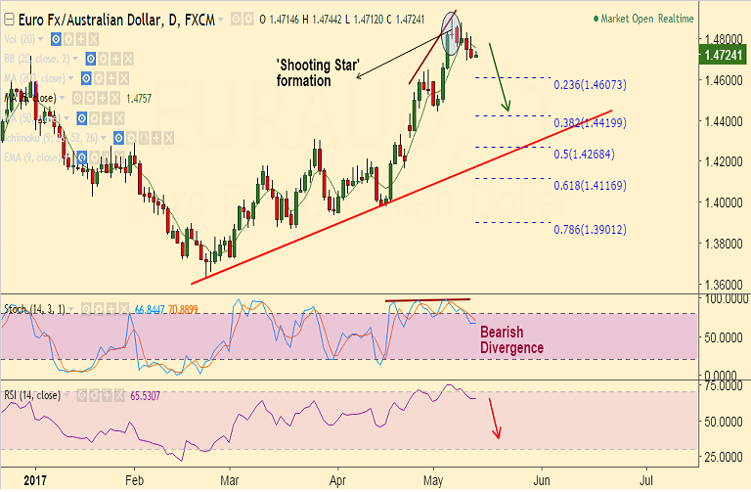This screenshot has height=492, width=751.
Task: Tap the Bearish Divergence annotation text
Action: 511,339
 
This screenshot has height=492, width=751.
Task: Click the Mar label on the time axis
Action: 230,481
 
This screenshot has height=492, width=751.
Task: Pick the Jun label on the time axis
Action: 540,481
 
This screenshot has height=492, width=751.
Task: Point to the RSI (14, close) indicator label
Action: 32,395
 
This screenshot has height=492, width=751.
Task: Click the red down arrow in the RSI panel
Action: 496,420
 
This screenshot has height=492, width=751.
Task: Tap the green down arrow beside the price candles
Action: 500,77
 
